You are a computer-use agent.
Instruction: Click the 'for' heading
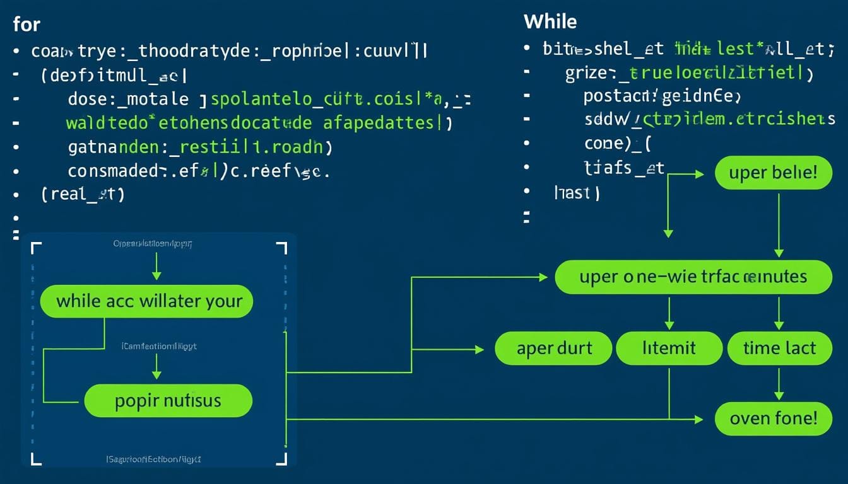pos(26,25)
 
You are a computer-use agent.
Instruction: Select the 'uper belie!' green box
pos(773,173)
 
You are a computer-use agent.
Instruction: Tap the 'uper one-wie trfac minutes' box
pos(693,277)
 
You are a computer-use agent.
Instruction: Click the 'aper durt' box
pos(553,349)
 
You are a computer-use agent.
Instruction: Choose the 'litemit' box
pos(669,349)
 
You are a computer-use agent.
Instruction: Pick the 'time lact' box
pos(779,349)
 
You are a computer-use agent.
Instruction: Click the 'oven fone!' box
pos(773,418)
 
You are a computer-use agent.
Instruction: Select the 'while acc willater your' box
pos(146,301)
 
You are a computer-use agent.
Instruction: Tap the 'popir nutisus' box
pos(168,401)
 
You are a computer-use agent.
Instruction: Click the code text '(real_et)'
pos(83,194)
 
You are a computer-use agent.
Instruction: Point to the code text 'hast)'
pos(576,193)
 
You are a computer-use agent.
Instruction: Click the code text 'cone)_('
pos(617,143)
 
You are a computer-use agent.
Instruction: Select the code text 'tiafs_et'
pos(625,168)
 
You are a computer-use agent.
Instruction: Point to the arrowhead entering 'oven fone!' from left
pos(698,419)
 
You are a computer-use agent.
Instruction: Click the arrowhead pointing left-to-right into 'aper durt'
pos(479,349)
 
